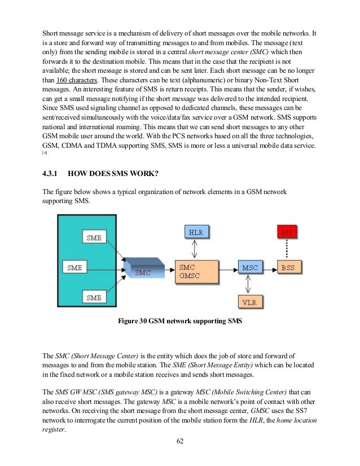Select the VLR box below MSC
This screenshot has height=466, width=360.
249,302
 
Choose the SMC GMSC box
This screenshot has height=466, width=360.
196,271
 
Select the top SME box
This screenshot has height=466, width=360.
94,237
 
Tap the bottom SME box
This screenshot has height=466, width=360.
94,297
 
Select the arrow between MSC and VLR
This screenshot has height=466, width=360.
249,284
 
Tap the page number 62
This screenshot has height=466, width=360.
180,441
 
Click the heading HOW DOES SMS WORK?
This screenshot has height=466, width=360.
121,174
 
